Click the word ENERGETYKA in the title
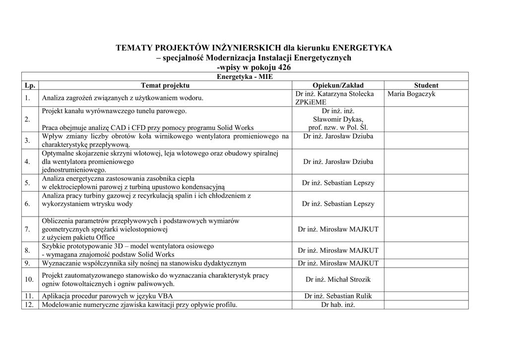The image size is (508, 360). [x=362, y=48]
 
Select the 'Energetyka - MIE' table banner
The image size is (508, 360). [x=245, y=77]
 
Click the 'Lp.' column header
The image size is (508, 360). [x=30, y=85]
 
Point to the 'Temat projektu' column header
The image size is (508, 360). [x=165, y=85]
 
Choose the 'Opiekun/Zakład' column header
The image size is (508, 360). [x=338, y=85]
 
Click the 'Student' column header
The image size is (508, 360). [x=426, y=85]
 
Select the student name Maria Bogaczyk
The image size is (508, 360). [x=411, y=94]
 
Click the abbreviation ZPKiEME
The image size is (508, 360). [x=311, y=102]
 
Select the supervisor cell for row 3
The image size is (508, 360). [x=338, y=136]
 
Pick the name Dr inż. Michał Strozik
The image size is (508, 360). [x=338, y=280]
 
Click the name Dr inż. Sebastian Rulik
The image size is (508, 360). [x=338, y=296]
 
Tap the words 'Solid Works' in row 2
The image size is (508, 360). [x=235, y=128]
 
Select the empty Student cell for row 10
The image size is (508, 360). [x=426, y=280]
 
